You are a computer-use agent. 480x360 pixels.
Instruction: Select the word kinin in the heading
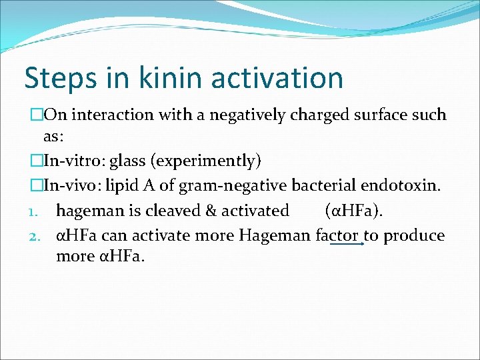click(157, 77)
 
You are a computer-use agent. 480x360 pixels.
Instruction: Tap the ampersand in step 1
click(211, 211)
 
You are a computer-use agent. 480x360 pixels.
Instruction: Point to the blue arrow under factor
click(347, 245)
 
